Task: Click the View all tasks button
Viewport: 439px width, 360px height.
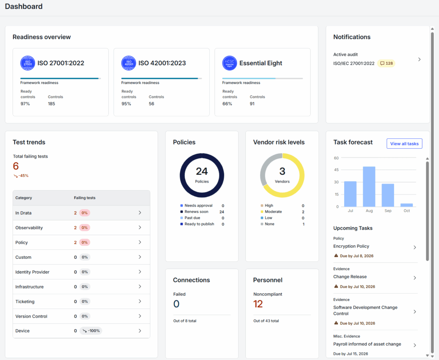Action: coord(404,144)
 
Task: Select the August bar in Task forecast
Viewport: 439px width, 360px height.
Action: coord(369,187)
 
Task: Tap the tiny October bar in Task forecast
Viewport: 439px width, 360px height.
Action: coord(406,205)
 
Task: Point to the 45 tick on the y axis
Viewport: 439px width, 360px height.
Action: coord(336,170)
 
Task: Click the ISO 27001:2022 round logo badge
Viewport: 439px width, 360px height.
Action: coord(28,63)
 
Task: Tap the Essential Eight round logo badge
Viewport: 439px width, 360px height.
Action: coord(230,63)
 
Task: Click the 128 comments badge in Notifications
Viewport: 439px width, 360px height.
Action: coord(386,63)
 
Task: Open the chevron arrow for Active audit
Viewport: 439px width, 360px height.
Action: coord(419,59)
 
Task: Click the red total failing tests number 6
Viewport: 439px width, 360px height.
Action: coord(16,166)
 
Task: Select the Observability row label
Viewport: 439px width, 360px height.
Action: coord(29,228)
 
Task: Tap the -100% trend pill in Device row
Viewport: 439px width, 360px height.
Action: coord(91,330)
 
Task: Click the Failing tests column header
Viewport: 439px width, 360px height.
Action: coord(84,198)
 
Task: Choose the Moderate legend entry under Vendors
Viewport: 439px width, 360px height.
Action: coord(271,212)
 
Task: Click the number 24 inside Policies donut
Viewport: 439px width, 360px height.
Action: coord(202,171)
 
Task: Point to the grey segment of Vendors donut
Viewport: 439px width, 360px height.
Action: coord(266,167)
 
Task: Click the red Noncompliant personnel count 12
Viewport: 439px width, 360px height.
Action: coord(258,304)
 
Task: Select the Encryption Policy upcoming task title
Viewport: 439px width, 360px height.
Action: coord(351,246)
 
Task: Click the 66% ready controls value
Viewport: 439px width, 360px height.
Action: coord(227,104)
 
